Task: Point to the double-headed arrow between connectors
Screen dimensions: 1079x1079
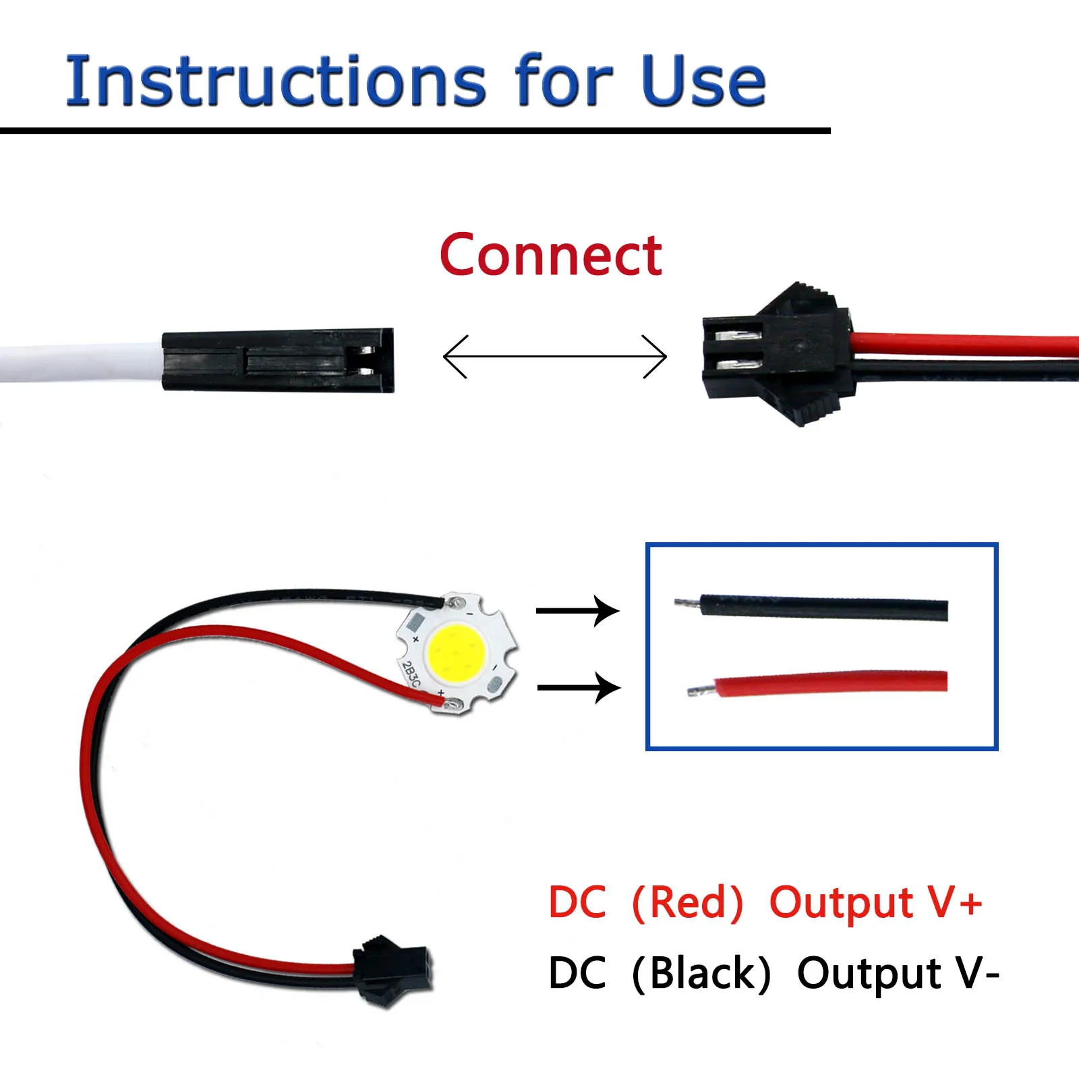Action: (554, 356)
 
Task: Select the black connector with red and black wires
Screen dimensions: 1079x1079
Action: (776, 354)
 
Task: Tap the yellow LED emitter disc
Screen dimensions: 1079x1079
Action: (456, 652)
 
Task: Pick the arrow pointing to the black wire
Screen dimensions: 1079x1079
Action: (577, 611)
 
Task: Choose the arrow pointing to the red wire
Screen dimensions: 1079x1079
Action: (579, 688)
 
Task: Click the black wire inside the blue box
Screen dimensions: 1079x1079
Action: (823, 607)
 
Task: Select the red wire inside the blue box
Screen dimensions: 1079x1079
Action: (829, 683)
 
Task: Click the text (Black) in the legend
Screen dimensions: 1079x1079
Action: (701, 974)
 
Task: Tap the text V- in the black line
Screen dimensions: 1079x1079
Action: (977, 974)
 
